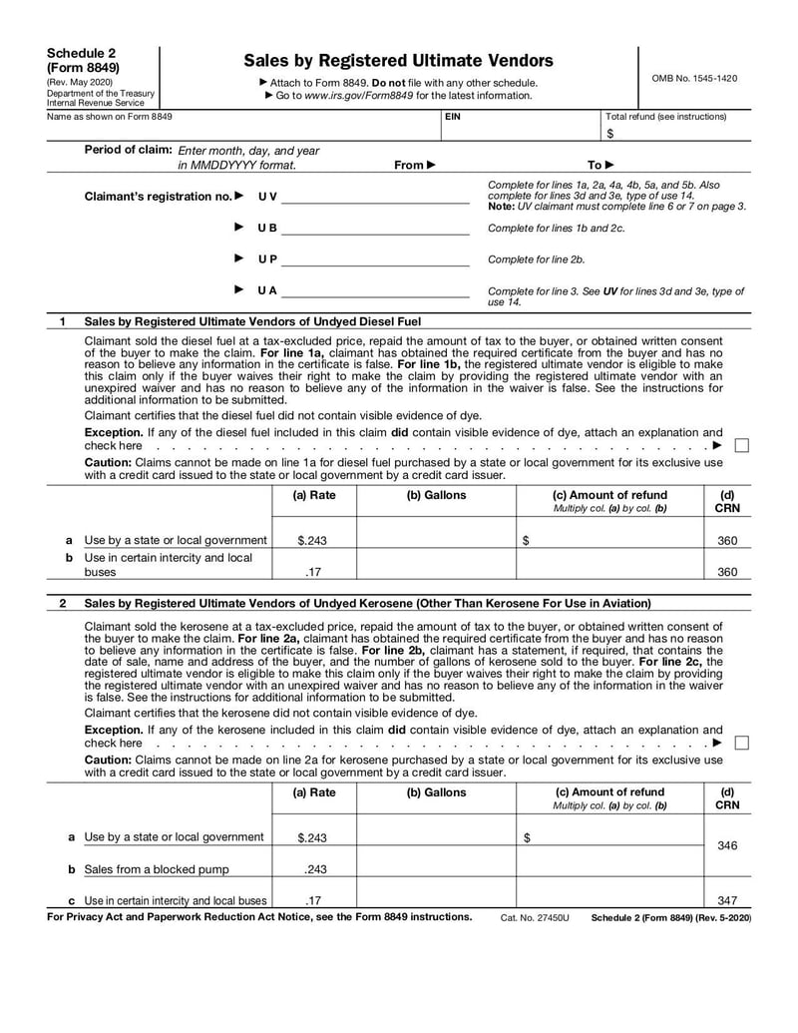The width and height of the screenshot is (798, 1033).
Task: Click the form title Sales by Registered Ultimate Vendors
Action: (398, 61)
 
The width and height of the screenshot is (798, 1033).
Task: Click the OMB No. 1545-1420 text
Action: (694, 78)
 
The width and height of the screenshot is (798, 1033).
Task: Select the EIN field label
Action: (452, 117)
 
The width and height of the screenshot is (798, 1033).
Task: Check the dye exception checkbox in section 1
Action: (741, 446)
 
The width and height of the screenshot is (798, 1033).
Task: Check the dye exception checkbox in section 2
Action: (741, 743)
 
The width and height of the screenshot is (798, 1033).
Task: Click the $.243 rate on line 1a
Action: (312, 540)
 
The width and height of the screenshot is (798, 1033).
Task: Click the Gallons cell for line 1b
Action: (436, 565)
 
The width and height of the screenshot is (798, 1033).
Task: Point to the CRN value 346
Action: (727, 845)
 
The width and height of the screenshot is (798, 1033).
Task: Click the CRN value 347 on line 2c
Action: (727, 899)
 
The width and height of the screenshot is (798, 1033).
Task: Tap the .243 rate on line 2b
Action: (313, 868)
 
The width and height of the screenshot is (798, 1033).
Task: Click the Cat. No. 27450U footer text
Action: (535, 917)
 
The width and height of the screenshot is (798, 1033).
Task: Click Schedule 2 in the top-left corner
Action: (79, 54)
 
